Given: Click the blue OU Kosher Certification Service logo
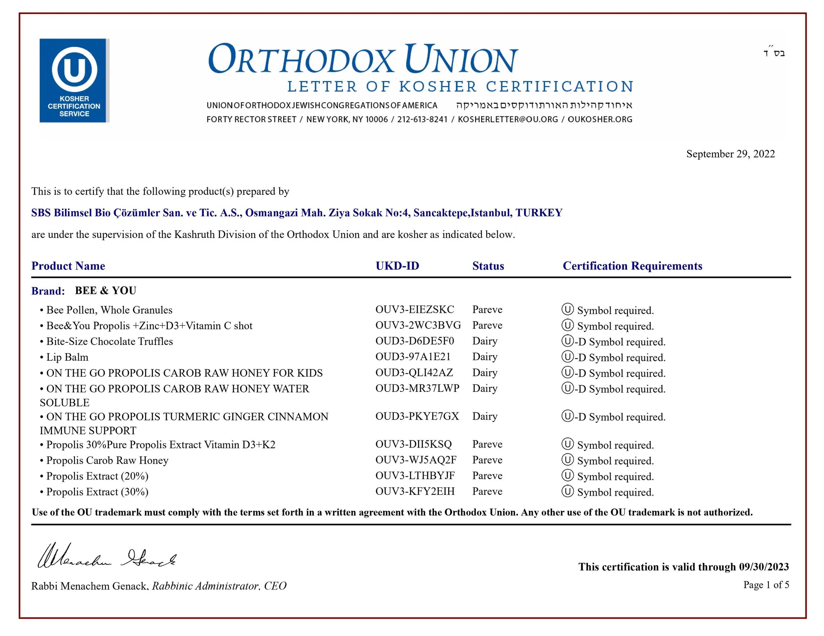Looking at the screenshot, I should (x=74, y=81).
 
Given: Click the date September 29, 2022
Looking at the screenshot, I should (x=730, y=154).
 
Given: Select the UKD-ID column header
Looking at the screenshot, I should (x=397, y=266).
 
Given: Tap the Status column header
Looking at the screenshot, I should (x=488, y=266).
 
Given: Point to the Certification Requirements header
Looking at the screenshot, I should (x=632, y=266).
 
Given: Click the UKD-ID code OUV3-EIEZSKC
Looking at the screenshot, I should (x=414, y=310).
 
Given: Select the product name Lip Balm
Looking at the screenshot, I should (x=67, y=357).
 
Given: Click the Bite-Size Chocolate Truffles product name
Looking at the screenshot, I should (x=109, y=341).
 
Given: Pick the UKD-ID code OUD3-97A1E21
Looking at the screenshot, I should (x=413, y=356).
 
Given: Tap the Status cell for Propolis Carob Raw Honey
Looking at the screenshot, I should (x=487, y=460).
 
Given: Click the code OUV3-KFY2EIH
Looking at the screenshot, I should (x=415, y=491).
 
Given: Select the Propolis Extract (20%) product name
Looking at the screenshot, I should (x=97, y=476).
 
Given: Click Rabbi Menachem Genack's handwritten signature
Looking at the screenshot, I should (x=107, y=557).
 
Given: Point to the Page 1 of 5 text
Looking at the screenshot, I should (x=766, y=585).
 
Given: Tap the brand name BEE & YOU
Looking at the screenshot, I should (x=105, y=291).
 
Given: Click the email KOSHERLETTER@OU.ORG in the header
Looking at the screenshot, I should (x=508, y=119).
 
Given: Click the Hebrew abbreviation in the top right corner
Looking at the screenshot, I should (x=774, y=53).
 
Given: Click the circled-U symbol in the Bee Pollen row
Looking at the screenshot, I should (x=567, y=309).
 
